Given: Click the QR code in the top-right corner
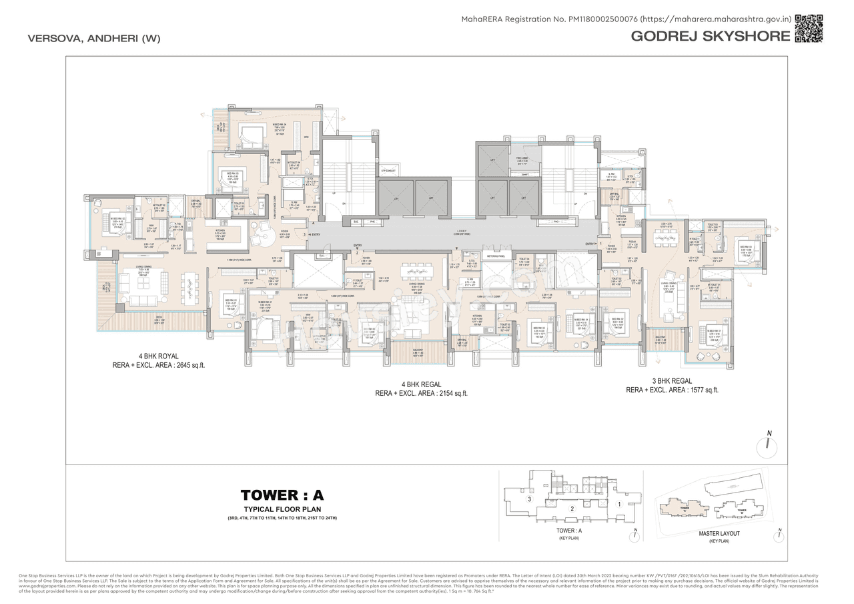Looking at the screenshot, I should (809, 28).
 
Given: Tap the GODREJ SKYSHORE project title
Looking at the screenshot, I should (710, 36).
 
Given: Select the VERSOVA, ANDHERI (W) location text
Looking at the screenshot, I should (94, 38).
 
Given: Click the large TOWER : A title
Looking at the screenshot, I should (282, 495).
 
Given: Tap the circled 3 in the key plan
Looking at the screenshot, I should (529, 499).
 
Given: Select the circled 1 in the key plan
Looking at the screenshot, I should (620, 505).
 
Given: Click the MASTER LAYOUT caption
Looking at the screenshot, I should (719, 534).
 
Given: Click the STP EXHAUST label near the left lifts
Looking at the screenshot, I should (389, 172).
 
